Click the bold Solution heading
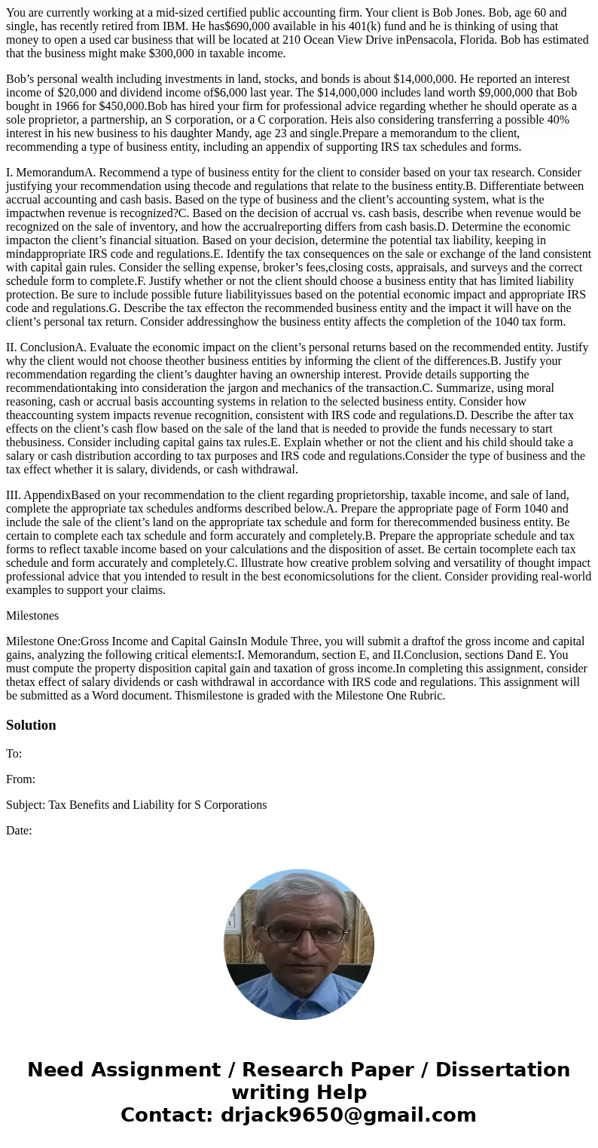click(x=31, y=725)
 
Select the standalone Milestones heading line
click(x=32, y=616)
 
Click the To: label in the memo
click(x=14, y=754)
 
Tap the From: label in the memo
click(x=20, y=779)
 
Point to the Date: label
click(x=19, y=831)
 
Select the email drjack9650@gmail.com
click(x=348, y=1116)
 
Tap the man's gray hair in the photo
click(x=298, y=889)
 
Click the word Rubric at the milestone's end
click(x=424, y=696)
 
